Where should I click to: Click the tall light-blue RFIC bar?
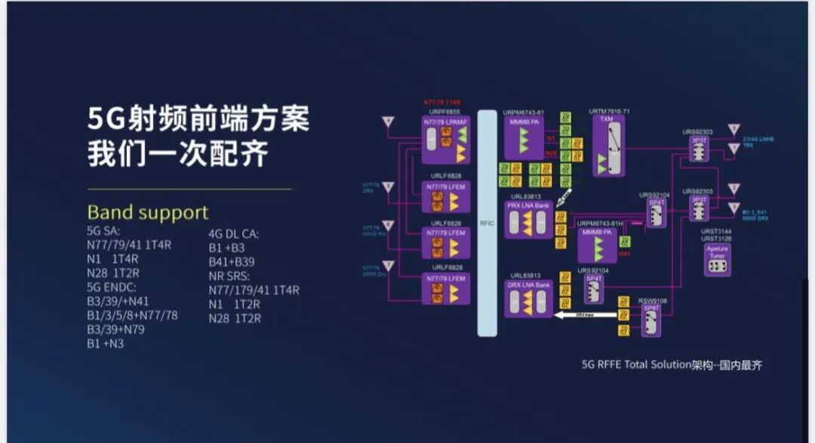(487, 223)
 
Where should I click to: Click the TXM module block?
(610, 146)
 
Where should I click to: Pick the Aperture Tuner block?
(716, 259)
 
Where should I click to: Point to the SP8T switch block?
(651, 320)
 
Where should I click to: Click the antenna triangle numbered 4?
(388, 122)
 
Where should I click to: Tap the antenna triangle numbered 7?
(388, 266)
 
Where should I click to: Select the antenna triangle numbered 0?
(734, 130)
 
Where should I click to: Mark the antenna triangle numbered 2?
(734, 188)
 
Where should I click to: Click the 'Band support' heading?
(147, 212)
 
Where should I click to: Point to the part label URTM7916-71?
(609, 112)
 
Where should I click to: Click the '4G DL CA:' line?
(233, 233)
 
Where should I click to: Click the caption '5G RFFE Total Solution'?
(636, 365)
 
